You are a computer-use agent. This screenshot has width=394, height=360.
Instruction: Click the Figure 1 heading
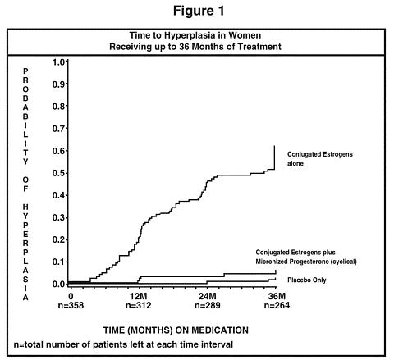coord(199,11)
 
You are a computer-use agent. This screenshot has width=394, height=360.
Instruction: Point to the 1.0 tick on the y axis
coord(59,62)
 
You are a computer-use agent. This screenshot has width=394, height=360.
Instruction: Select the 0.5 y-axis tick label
coord(59,173)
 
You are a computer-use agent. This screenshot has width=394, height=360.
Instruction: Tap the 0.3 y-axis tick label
coord(59,217)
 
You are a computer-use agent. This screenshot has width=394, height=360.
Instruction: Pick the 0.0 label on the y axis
coord(59,285)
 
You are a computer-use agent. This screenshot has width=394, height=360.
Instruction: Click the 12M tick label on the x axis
coord(139,296)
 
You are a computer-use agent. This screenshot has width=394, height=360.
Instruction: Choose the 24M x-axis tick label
coord(208,296)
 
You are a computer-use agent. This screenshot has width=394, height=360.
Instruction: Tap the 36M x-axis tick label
coord(277,296)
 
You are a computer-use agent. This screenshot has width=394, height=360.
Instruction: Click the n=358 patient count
coord(71,305)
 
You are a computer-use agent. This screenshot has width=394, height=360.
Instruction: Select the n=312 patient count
coord(139,305)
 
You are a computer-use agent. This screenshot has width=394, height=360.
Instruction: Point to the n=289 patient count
coord(208,305)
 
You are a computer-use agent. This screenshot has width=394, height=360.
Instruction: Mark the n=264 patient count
coord(277,305)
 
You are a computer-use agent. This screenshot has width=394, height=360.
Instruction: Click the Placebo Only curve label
coord(307,280)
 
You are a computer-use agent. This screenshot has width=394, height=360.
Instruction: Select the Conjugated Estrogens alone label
coord(320,159)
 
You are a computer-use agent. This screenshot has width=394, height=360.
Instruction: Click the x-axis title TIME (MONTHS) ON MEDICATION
coord(176,330)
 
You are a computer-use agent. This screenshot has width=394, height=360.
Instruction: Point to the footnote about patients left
coord(123,344)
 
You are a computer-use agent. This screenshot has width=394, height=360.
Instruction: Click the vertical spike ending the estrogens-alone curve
coord(274,157)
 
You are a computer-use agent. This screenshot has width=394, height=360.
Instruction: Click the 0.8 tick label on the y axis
coord(59,107)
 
